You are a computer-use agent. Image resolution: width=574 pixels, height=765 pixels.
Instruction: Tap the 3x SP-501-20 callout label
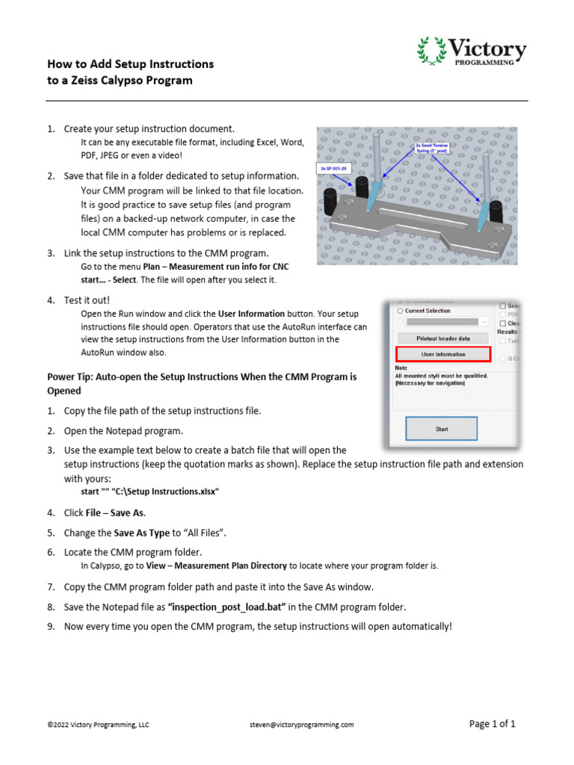click(x=334, y=169)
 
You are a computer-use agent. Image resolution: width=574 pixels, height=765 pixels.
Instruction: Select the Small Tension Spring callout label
click(x=433, y=149)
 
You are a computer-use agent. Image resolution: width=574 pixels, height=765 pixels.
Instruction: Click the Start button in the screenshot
click(x=441, y=430)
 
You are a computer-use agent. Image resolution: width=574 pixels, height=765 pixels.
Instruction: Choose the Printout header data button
click(x=442, y=338)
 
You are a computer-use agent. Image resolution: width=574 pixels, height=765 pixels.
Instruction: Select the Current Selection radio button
click(x=400, y=311)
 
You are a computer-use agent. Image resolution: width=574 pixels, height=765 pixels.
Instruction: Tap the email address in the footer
click(x=302, y=725)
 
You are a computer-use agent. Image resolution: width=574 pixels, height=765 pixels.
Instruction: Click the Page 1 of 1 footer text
click(x=492, y=724)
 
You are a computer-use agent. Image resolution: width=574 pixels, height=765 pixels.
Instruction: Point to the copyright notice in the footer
click(x=98, y=725)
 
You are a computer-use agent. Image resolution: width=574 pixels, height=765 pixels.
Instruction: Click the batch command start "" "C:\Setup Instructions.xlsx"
click(x=149, y=492)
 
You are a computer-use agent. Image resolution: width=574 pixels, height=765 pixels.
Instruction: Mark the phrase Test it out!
click(x=87, y=300)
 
